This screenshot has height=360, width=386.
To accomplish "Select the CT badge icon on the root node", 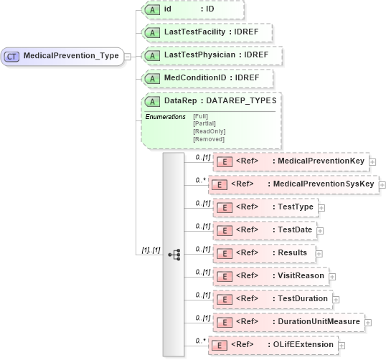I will [12, 56].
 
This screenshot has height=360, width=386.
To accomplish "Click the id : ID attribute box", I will [192, 9].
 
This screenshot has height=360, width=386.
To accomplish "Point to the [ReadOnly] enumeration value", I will [209, 131].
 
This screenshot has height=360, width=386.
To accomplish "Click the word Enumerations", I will [165, 116].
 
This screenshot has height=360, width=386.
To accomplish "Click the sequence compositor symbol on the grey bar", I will [174, 255].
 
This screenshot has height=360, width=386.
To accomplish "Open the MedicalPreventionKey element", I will [292, 161].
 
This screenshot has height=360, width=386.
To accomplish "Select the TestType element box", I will [266, 207].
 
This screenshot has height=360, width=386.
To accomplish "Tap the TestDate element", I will [265, 230].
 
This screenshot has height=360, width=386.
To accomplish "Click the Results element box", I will [265, 253].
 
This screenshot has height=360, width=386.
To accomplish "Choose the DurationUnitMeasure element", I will [290, 322].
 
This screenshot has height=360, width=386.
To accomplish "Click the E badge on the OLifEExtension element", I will [216, 345].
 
